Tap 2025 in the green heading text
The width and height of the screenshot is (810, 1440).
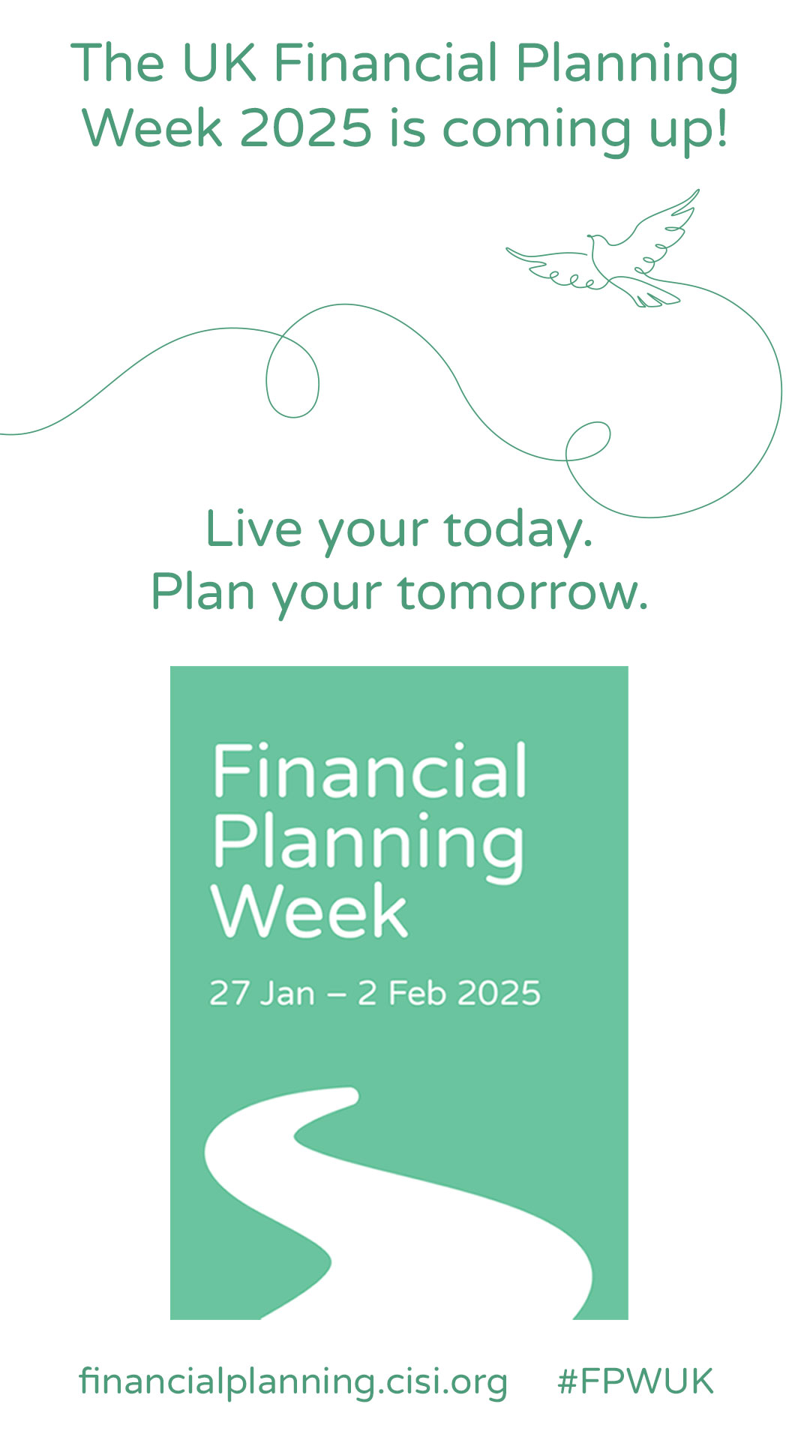point(305,128)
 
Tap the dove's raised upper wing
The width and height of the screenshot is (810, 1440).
point(660,225)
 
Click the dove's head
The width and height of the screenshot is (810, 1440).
point(596,241)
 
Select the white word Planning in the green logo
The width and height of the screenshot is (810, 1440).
point(368,846)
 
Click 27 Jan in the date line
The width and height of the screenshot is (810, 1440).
point(262,993)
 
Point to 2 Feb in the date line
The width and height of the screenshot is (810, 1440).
point(401,993)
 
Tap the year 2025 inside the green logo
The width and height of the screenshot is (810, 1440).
point(499,993)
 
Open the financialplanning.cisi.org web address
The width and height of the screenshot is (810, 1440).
point(293,1382)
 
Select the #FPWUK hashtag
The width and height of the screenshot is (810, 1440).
point(635,1381)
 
